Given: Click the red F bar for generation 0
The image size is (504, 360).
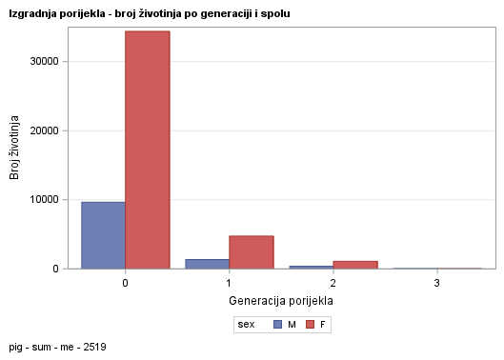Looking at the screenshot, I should coord(148,150).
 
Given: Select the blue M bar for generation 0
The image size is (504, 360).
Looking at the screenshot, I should coord(104,235).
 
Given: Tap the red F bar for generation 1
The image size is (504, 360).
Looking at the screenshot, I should coord(252,252).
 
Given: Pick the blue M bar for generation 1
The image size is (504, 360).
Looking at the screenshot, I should coord(207,264).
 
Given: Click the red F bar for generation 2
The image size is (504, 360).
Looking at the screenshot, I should coord(355,265).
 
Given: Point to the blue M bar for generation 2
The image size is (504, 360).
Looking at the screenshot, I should coord(311,268).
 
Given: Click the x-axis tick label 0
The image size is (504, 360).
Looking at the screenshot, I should coord(126,284).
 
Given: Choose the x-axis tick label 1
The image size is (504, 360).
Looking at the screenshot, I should coord(230,284).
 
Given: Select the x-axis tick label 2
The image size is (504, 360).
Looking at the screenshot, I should coord(333,284).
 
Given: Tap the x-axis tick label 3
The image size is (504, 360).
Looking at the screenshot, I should coord(437,284).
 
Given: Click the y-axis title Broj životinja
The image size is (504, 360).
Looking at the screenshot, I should coord(15,148).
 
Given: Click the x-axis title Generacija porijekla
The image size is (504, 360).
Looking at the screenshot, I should coord(281,301).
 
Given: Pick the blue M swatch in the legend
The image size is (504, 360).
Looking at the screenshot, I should coord(277,325).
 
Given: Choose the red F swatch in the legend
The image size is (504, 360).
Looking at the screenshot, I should coord(310,325).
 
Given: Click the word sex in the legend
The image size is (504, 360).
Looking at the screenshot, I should coord(247,325).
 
